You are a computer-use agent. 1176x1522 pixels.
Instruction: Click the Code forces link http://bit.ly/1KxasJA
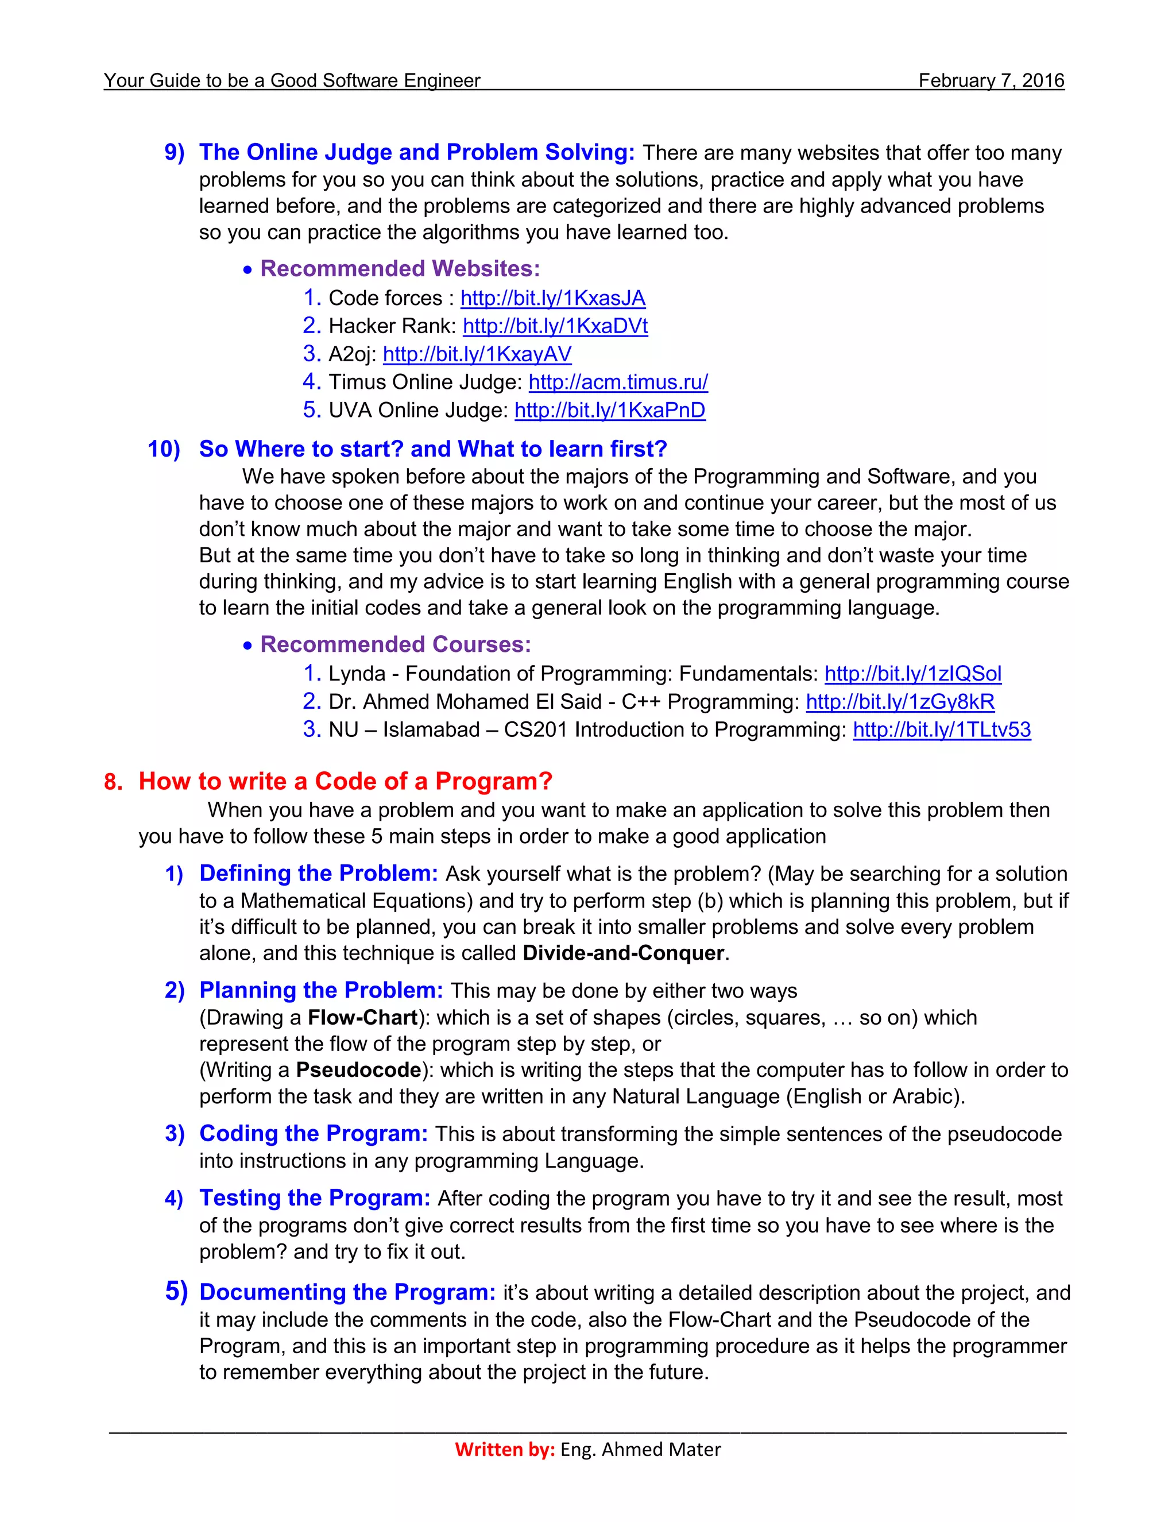click(x=552, y=298)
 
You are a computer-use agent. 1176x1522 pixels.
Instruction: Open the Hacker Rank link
click(x=555, y=326)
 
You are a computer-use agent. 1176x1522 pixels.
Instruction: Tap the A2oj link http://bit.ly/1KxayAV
click(x=477, y=354)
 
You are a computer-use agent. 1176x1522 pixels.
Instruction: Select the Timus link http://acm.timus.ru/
click(x=618, y=382)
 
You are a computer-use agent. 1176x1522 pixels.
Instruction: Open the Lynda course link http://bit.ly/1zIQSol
click(x=912, y=674)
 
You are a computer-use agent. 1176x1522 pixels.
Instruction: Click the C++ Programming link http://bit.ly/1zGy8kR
click(x=900, y=702)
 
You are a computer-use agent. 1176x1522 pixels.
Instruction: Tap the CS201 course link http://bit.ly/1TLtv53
click(x=942, y=729)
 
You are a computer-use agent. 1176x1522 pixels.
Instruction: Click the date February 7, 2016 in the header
click(x=991, y=81)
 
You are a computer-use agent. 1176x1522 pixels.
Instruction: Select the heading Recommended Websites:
click(x=400, y=269)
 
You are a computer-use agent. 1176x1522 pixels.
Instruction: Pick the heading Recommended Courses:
click(x=395, y=644)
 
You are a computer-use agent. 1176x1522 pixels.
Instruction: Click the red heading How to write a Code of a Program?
click(x=345, y=781)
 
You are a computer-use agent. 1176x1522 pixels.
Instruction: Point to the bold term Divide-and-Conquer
click(x=624, y=953)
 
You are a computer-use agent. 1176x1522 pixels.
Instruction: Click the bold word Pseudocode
click(x=359, y=1070)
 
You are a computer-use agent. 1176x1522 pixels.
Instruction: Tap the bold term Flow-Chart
click(x=362, y=1018)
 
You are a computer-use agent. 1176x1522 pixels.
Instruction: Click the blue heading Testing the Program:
click(x=315, y=1198)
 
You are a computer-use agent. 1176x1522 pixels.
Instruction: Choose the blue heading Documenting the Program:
click(x=347, y=1292)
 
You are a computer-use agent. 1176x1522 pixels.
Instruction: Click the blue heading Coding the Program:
click(x=314, y=1134)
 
